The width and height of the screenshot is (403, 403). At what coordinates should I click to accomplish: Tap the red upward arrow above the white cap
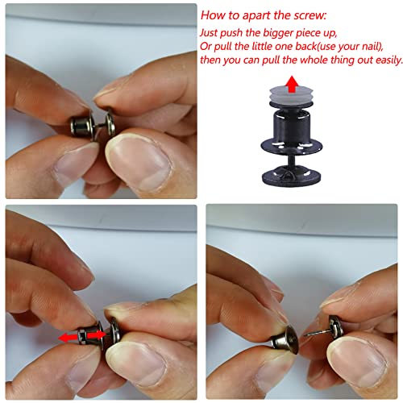click(x=292, y=84)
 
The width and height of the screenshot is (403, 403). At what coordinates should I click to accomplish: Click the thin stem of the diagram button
click(x=292, y=160)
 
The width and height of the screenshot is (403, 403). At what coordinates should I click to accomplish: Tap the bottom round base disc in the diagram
click(x=292, y=176)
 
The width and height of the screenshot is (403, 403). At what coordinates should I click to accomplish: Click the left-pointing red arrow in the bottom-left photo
click(x=68, y=338)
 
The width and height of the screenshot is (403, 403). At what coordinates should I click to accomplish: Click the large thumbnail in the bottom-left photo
click(x=137, y=365)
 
